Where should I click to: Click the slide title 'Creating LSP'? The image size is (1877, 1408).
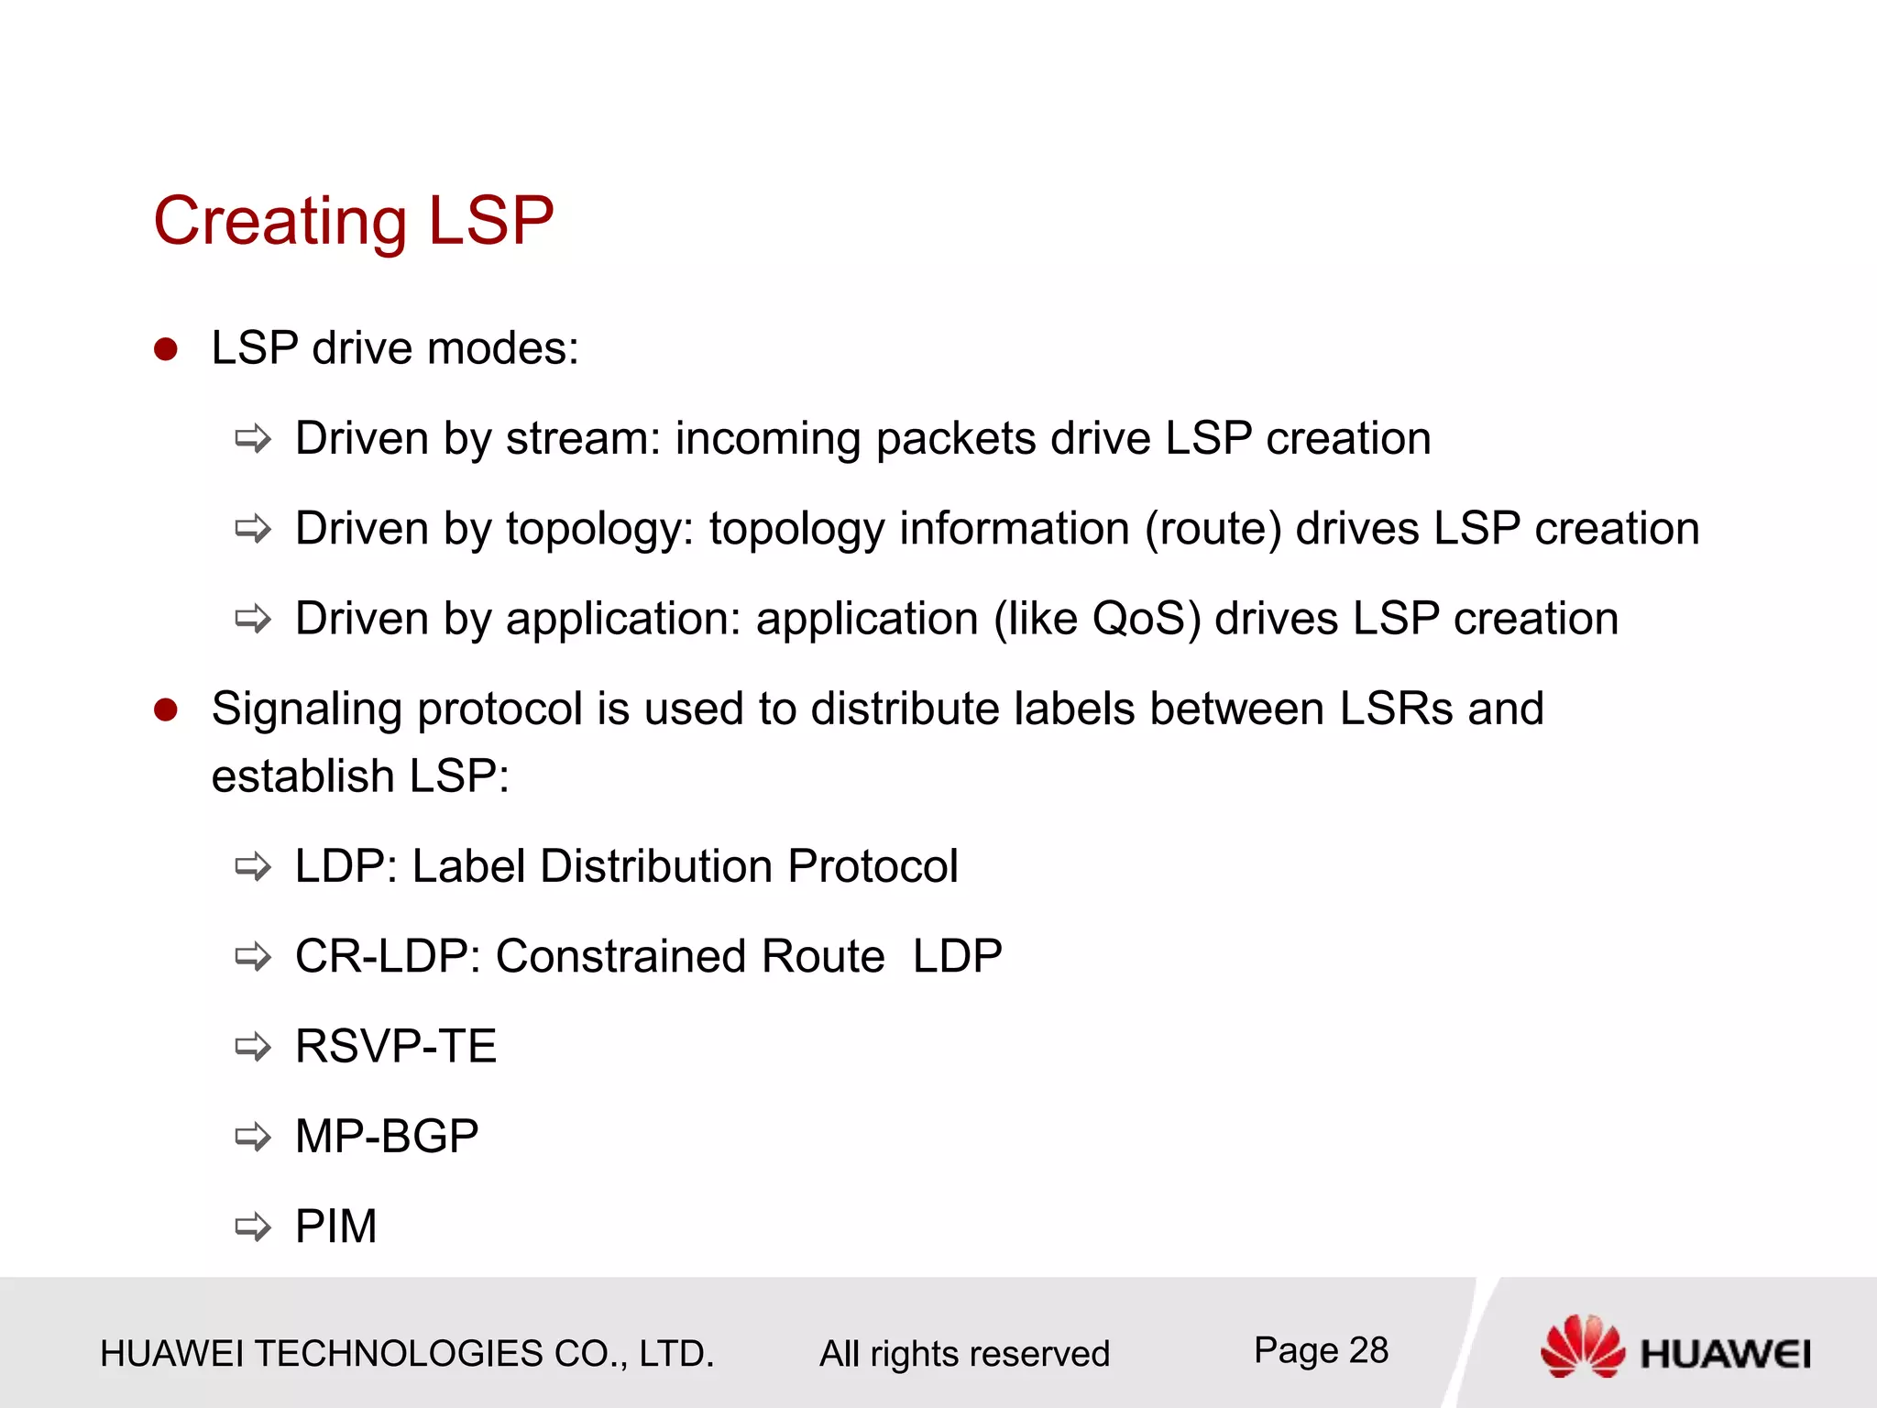pyautogui.click(x=354, y=221)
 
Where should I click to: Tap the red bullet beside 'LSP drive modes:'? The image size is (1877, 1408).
pyautogui.click(x=166, y=349)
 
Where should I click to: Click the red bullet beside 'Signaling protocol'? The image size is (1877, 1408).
pyautogui.click(x=166, y=709)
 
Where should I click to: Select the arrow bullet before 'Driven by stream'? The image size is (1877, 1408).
pyautogui.click(x=253, y=439)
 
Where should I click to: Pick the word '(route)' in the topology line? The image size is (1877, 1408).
pyautogui.click(x=1213, y=529)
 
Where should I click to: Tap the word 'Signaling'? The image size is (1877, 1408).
pyautogui.click(x=306, y=709)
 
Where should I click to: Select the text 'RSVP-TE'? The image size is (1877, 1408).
pyautogui.click(x=396, y=1046)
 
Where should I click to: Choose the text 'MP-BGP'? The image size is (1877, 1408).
pyautogui.click(x=387, y=1137)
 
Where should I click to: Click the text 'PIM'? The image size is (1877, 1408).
pyautogui.click(x=336, y=1226)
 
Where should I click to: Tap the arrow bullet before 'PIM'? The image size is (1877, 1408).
pyautogui.click(x=253, y=1226)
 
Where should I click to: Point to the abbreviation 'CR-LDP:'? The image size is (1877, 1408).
pyautogui.click(x=389, y=956)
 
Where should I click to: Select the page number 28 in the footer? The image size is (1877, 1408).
pyautogui.click(x=1368, y=1350)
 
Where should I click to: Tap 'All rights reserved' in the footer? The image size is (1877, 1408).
pyautogui.click(x=964, y=1354)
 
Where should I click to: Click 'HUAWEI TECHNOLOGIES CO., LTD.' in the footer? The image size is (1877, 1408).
pyautogui.click(x=407, y=1354)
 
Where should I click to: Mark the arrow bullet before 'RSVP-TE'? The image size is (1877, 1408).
pyautogui.click(x=253, y=1047)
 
